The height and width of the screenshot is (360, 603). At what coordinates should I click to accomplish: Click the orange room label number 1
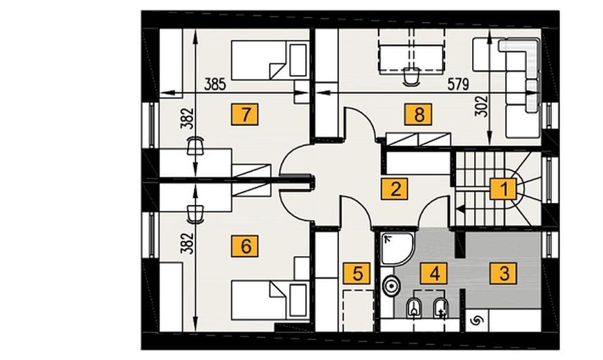[503, 189]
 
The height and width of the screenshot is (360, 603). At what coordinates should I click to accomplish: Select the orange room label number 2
[395, 189]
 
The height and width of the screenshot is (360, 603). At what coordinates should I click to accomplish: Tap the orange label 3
[503, 273]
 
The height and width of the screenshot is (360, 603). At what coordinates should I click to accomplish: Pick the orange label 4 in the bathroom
[434, 273]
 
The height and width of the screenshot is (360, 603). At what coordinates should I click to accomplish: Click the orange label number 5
[357, 273]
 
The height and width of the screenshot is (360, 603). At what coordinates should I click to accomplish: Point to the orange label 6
[245, 246]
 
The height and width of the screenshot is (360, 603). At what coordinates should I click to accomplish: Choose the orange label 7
[245, 114]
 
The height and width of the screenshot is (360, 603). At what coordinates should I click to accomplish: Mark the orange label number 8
[418, 114]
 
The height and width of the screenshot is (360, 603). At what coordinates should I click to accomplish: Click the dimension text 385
[215, 84]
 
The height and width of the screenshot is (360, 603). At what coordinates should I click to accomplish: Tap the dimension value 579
[458, 84]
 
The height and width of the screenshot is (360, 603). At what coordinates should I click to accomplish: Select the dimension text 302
[481, 106]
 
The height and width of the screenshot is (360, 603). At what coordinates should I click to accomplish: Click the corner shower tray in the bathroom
[398, 249]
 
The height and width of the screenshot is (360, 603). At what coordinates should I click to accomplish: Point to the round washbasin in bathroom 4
[391, 285]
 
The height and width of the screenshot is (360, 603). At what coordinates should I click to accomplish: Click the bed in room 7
[270, 60]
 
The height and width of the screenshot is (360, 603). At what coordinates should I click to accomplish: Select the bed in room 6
[270, 300]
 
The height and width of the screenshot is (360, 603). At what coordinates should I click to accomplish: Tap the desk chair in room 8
[411, 76]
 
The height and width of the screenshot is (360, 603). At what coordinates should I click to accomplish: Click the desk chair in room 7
[195, 146]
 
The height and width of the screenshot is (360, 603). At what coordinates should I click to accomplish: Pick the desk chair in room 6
[195, 214]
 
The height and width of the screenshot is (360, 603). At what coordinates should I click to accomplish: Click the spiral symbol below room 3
[476, 320]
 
